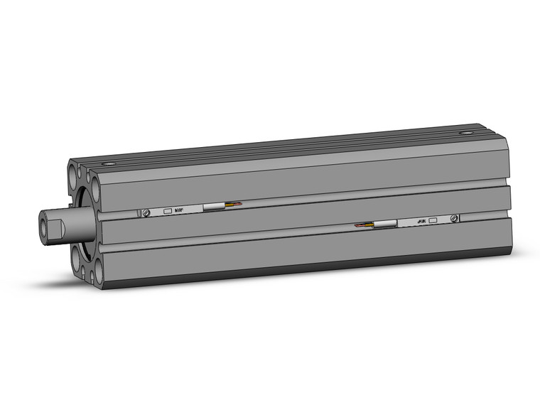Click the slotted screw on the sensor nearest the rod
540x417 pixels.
pos(146,212)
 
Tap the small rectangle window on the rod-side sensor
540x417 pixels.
pos(168,211)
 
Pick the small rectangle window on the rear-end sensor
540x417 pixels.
pos(433,221)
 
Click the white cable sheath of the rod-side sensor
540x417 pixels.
pos(214,207)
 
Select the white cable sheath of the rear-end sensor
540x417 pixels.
pos(385,224)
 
